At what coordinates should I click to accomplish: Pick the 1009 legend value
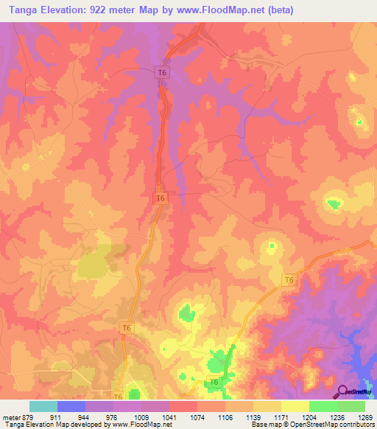tap(141, 416)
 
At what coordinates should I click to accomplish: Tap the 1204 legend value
tap(309, 416)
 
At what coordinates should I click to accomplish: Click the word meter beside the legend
tap(11, 416)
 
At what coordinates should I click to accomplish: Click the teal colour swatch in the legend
tap(43, 406)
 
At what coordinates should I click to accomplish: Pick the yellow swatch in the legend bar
tap(295, 406)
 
